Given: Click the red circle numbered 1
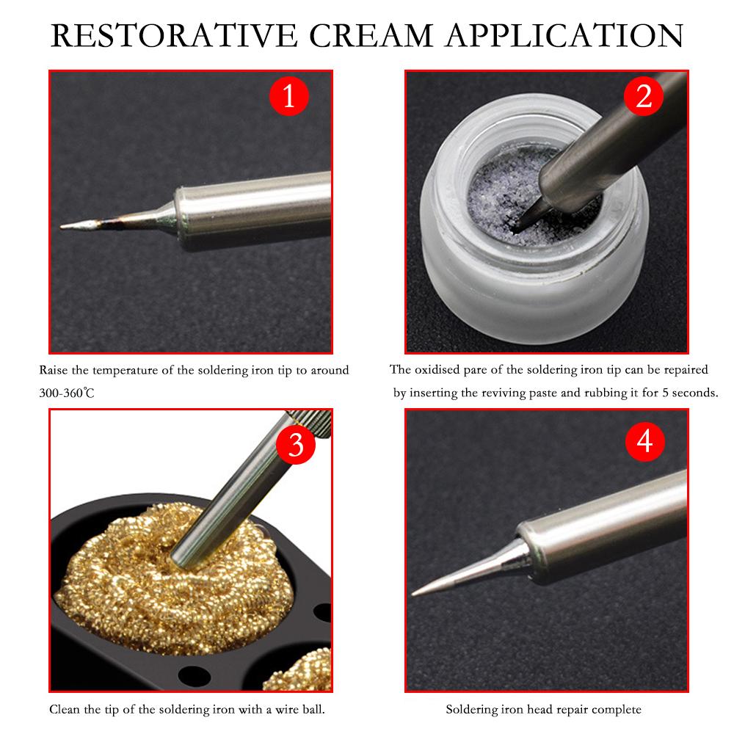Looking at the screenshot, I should (x=288, y=95).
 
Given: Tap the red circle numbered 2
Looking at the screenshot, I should (x=643, y=95).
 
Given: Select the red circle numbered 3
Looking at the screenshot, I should (x=295, y=444).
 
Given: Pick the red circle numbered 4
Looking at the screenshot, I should (x=644, y=441).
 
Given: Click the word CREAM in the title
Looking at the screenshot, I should (x=372, y=34).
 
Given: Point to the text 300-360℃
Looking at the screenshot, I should (x=67, y=393).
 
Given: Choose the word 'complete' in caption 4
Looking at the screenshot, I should (x=617, y=710).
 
